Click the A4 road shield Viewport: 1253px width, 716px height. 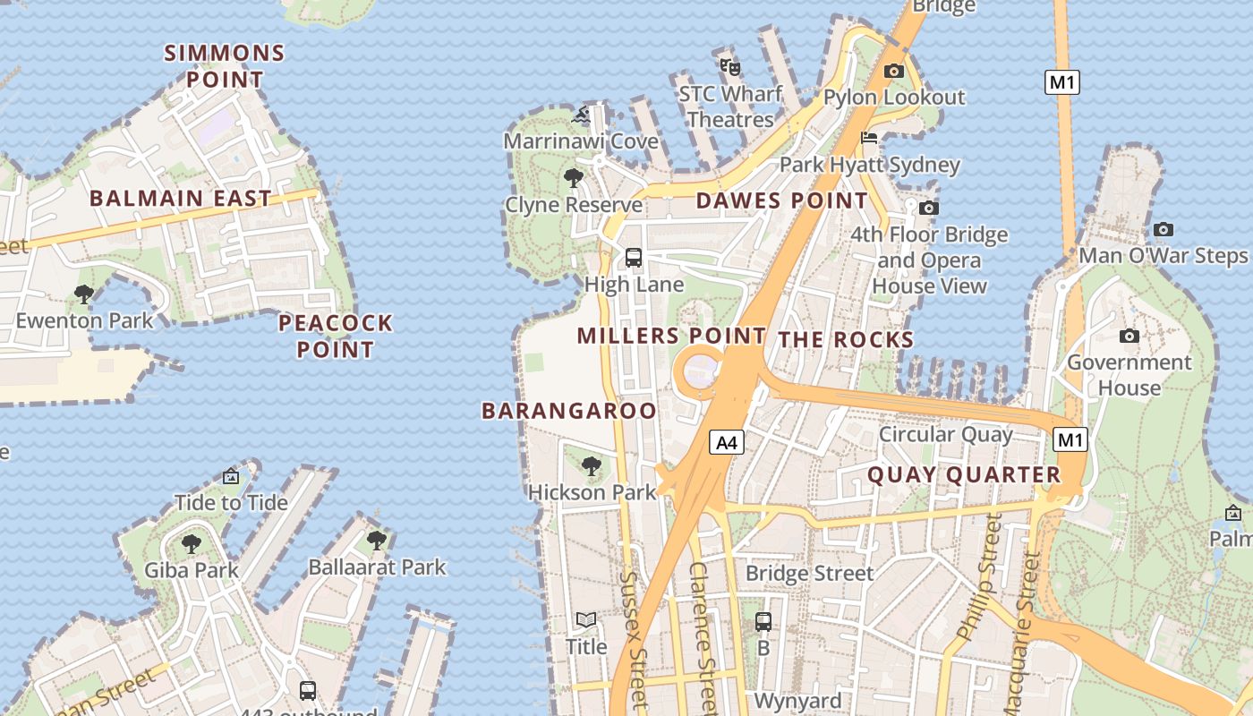pos(728,441)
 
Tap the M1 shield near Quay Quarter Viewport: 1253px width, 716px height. pos(1070,439)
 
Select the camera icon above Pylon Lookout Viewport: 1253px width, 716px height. pos(893,72)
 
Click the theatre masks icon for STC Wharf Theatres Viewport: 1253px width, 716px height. pos(730,66)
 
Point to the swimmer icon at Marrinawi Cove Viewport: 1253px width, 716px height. pos(581,115)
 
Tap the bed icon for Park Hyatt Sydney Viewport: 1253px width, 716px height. pos(869,138)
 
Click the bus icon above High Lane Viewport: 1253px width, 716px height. pos(634,258)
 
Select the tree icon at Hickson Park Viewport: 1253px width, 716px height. pos(591,465)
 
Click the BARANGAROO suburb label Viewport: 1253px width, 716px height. pos(569,411)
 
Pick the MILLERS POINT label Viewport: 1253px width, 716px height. pos(671,337)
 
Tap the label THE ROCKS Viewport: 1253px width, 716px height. pos(846,339)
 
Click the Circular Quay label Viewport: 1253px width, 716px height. pos(946,435)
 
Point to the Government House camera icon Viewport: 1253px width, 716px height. pos(1129,336)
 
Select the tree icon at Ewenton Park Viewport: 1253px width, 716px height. pos(84,294)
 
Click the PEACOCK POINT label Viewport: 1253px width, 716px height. pos(336,336)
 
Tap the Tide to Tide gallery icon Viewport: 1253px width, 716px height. pos(231,476)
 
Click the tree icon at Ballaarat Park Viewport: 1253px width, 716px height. pos(377,541)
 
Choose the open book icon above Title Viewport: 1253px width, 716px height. pos(586,620)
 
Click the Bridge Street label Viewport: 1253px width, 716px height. pos(809,573)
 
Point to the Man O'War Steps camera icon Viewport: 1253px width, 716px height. pos(1163,230)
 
